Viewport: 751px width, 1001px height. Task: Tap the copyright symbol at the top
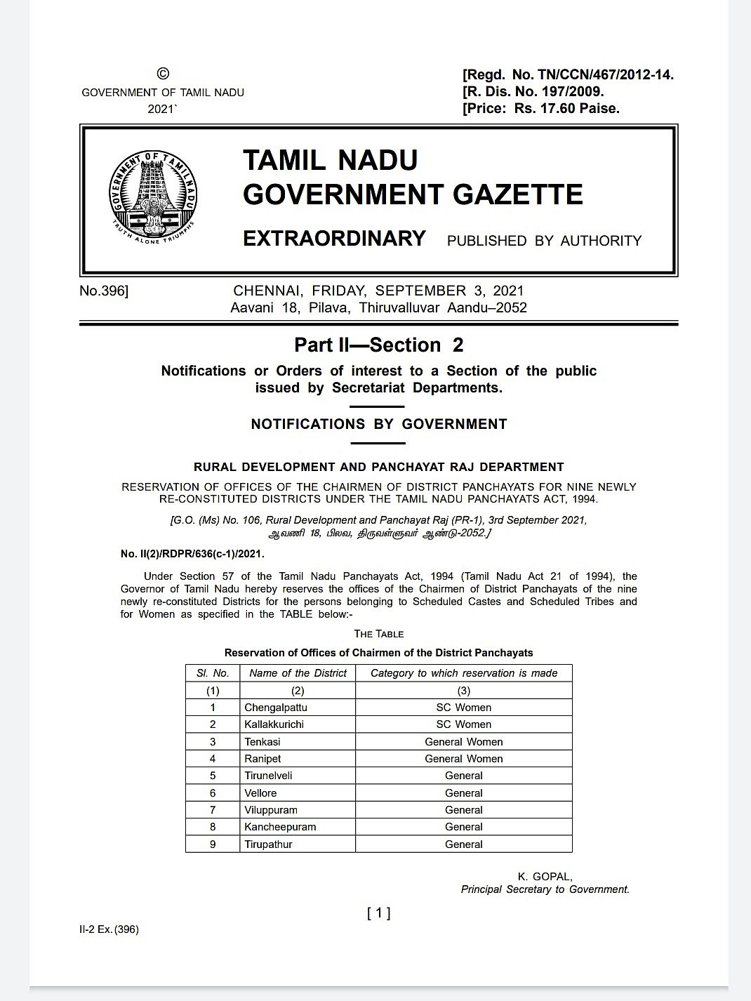pos(163,74)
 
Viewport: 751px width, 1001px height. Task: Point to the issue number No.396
pos(104,291)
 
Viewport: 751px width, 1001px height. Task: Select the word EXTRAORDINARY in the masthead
pos(334,239)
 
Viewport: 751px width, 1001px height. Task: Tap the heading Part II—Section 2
pos(378,345)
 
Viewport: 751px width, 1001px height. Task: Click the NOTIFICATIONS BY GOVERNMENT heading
pos(378,424)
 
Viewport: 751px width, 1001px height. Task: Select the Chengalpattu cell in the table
pos(276,708)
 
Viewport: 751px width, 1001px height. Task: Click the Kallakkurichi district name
pos(274,724)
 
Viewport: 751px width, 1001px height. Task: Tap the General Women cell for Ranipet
pos(463,759)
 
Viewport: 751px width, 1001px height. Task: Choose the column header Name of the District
pos(298,673)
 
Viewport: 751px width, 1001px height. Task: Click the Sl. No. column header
pos(213,673)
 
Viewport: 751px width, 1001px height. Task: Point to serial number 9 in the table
pos(213,844)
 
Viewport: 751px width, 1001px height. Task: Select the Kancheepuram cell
pos(280,827)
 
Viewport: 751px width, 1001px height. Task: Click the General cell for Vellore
pos(463,793)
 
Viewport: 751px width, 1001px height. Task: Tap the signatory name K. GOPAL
pos(545,877)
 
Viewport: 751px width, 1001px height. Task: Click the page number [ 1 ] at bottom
pos(378,913)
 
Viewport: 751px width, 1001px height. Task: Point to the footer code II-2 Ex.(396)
pos(109,929)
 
